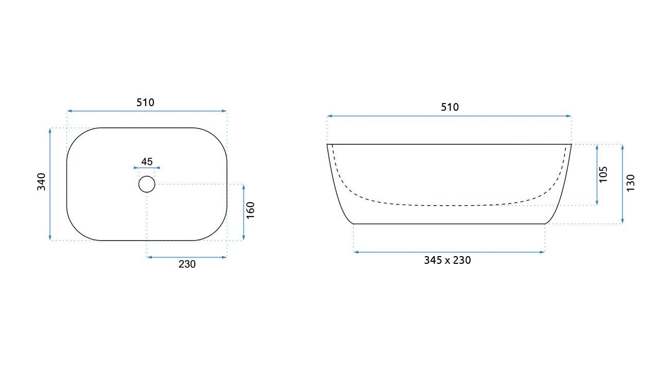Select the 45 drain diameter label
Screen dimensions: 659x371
(x=147, y=162)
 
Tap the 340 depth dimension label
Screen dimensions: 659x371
(x=41, y=182)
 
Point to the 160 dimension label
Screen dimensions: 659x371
(x=250, y=210)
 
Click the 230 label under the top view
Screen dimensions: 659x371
(x=187, y=264)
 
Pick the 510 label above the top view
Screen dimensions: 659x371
(x=145, y=103)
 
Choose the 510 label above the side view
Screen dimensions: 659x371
(x=450, y=107)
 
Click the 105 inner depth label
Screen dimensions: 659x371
(x=603, y=175)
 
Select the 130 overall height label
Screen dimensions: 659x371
(x=631, y=183)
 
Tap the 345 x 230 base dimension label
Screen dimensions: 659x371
(x=447, y=260)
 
